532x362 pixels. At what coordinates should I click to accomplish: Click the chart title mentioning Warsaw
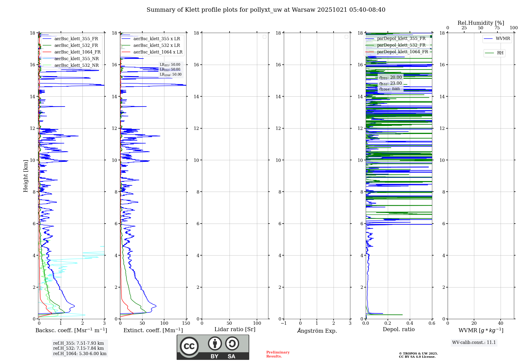[x=266, y=10]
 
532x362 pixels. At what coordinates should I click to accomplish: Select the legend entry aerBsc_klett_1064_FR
[x=77, y=52]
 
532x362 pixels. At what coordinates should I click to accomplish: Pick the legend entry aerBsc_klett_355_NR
[x=76, y=59]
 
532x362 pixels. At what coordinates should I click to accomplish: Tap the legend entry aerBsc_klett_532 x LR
[x=156, y=46]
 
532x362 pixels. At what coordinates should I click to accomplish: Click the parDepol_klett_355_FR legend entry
[x=401, y=39]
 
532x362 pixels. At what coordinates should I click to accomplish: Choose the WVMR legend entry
[x=502, y=39]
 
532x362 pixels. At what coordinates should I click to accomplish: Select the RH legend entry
[x=500, y=53]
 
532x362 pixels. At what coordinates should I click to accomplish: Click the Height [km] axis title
[x=26, y=176]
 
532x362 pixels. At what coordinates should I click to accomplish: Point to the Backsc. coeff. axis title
[x=71, y=330]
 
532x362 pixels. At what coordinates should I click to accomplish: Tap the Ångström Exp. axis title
[x=317, y=331]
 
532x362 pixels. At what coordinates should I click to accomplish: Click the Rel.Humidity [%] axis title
[x=481, y=23]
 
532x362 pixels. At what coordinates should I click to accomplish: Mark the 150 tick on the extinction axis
[x=186, y=323]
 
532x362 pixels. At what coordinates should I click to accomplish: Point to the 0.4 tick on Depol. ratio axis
[x=410, y=323]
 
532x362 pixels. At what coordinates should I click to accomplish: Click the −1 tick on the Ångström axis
[x=284, y=323]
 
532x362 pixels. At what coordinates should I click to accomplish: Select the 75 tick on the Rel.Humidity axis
[x=497, y=28]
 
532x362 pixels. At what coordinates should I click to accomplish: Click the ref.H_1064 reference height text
[x=80, y=354]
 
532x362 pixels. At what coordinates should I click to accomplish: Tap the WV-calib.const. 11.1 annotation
[x=474, y=343]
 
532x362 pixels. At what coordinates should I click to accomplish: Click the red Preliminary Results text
[x=278, y=354]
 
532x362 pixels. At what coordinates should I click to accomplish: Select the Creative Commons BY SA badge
[x=213, y=347]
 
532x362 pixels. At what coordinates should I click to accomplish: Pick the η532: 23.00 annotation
[x=390, y=83]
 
